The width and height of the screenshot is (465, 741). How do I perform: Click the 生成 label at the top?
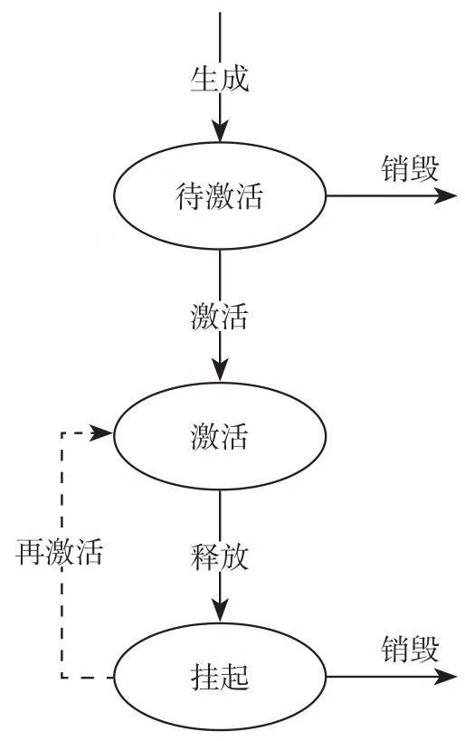pos(220,79)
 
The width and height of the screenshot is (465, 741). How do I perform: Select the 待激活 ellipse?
pos(220,195)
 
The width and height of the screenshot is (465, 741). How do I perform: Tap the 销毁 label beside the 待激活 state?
pos(410,168)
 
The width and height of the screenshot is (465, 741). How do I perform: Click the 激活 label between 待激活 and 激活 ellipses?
pos(220,318)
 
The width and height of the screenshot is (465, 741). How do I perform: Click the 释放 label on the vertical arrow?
pos(220,556)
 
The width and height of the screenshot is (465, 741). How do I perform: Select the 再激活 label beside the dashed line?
pos(60,552)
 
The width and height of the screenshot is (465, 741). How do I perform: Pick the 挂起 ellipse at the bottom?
pos(220,677)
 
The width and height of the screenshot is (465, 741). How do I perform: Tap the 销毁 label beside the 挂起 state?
pos(410,649)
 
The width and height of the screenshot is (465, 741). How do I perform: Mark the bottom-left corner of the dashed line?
pos(61,677)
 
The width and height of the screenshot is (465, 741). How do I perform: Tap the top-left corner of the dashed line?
pos(61,434)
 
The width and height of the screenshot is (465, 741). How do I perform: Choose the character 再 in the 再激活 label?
pos(30,552)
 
